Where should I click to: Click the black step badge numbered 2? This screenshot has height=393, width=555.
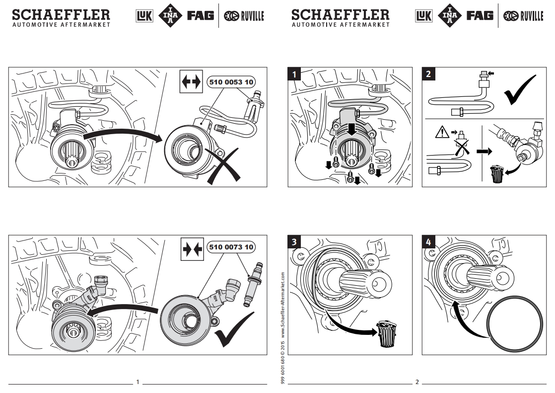click(x=428, y=74)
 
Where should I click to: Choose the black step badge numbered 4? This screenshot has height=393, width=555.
click(x=428, y=242)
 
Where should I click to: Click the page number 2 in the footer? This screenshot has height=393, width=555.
click(x=417, y=383)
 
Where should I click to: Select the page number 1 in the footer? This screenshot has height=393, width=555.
click(x=138, y=383)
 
